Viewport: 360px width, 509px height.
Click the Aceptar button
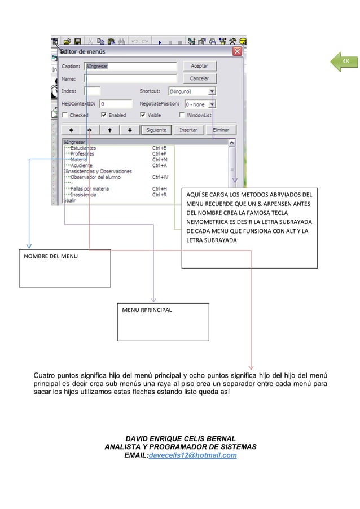199,66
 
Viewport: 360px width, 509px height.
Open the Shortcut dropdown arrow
212,91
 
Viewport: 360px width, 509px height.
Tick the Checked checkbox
65,115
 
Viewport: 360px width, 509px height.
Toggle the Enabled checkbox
104,115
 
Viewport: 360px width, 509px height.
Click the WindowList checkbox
182,115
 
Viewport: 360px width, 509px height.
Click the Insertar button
188,130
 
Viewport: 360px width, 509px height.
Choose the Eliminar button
221,130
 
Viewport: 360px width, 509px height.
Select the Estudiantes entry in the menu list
82,148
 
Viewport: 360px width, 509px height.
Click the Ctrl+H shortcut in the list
159,188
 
